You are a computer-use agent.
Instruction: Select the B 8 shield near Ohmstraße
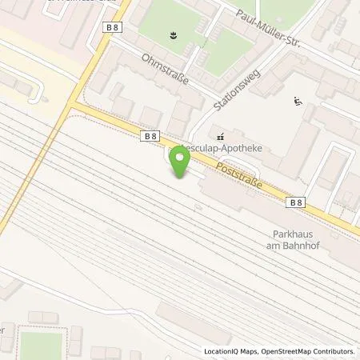click(150, 137)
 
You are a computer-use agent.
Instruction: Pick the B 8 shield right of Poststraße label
click(296, 203)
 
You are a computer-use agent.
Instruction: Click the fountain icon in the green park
click(172, 34)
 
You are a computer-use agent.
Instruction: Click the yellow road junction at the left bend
click(72, 104)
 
